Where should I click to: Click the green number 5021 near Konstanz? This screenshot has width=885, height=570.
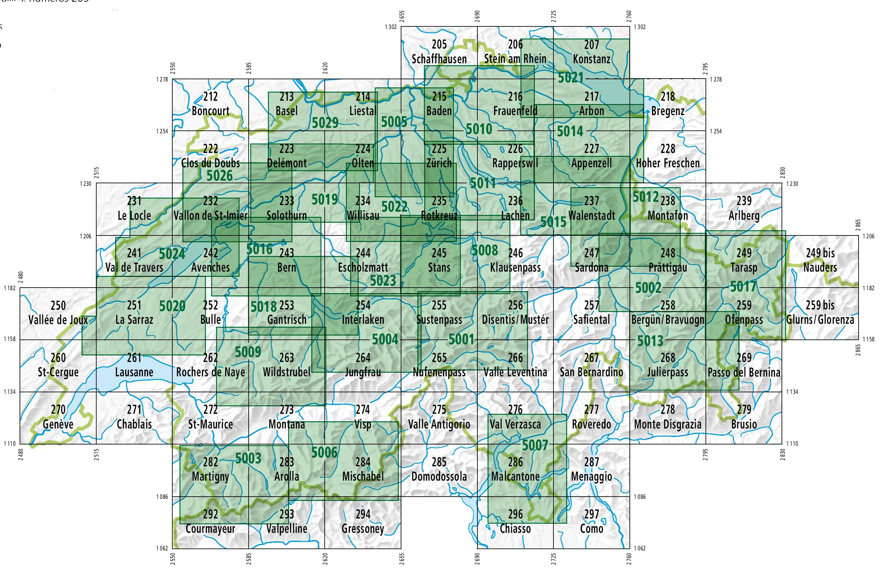[571, 78]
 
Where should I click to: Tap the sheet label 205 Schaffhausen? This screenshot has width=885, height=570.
[439, 52]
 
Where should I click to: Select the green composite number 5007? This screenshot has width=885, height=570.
[535, 445]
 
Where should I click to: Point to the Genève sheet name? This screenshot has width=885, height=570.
[58, 424]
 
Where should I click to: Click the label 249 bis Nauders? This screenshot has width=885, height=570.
[820, 260]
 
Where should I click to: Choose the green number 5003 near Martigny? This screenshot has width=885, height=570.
[248, 458]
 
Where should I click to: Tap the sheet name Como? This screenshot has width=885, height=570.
[591, 529]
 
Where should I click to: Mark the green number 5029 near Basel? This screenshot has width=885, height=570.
[325, 123]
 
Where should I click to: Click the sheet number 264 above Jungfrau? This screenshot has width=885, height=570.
[363, 357]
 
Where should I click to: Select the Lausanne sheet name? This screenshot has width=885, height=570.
[134, 372]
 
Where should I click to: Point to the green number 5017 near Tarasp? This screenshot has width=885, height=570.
[743, 287]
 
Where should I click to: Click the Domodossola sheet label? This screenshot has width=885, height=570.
[439, 476]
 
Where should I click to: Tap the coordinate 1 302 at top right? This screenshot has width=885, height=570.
[640, 27]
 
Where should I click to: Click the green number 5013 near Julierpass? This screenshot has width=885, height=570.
[650, 341]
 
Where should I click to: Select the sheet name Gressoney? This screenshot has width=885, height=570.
[363, 529]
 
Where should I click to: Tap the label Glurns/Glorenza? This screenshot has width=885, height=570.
[820, 320]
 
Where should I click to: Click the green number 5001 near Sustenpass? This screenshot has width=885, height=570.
[461, 339]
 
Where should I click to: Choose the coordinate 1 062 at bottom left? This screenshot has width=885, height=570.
[162, 548]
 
